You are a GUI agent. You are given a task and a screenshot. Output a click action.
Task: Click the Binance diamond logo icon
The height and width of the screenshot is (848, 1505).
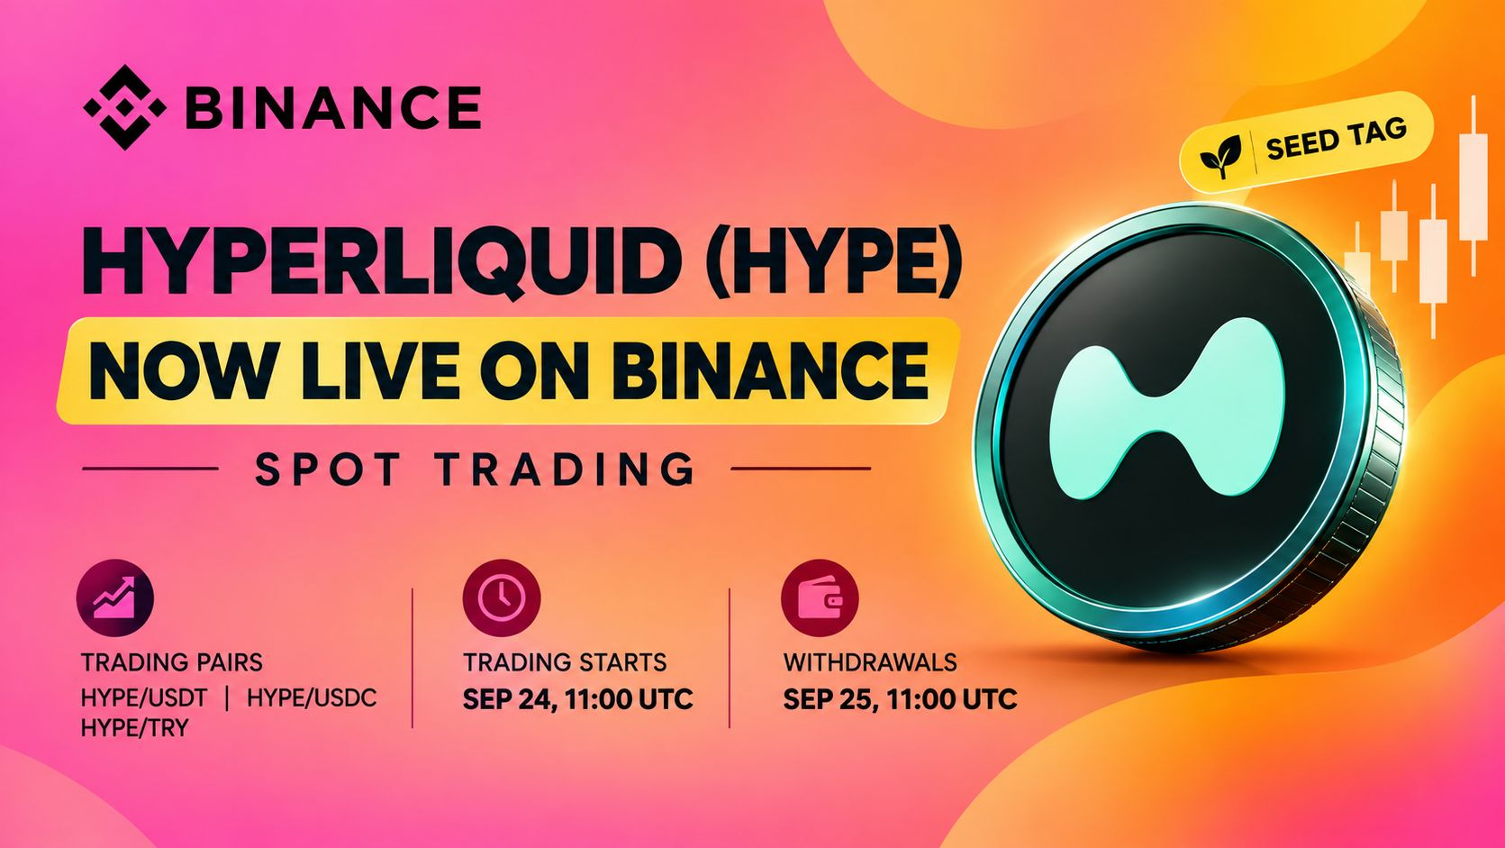(x=125, y=107)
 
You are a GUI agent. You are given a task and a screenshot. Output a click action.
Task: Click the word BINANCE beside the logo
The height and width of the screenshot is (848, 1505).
(x=332, y=107)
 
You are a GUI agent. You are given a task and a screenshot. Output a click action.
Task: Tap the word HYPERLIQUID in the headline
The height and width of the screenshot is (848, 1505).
(x=377, y=264)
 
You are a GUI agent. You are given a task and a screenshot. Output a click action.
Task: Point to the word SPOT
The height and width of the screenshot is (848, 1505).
(x=328, y=469)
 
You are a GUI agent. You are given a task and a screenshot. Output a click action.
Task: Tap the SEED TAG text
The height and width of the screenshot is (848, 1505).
(x=1336, y=139)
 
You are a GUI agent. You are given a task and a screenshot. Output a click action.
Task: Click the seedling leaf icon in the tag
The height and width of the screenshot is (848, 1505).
(x=1220, y=156)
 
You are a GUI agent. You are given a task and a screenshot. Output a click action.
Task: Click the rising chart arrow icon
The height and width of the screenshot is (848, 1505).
(x=115, y=597)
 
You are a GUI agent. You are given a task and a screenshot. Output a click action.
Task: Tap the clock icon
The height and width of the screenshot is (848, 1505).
(x=502, y=597)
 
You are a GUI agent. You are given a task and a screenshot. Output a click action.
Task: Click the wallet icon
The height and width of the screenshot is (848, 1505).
(x=820, y=597)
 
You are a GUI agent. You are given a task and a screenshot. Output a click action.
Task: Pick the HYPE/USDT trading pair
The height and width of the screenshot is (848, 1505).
(x=144, y=698)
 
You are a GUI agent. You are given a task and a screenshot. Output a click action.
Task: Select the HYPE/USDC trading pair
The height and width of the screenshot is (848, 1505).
(x=312, y=698)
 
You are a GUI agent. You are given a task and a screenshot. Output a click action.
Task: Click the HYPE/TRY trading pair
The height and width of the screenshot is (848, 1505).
(x=134, y=727)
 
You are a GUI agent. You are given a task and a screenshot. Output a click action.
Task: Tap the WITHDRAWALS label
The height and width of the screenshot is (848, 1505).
(x=870, y=662)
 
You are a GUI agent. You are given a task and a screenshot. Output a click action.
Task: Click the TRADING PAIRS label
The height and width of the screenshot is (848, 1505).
(x=172, y=662)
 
